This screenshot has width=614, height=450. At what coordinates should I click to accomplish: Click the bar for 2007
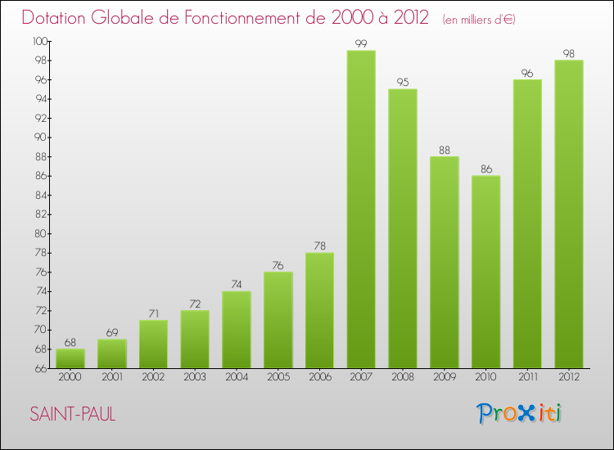(361, 209)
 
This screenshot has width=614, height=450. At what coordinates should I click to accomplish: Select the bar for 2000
(70, 358)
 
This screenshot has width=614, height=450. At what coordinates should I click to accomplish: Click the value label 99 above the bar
(361, 43)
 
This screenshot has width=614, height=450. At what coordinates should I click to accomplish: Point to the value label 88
(445, 149)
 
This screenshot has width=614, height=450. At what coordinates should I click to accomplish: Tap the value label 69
(112, 332)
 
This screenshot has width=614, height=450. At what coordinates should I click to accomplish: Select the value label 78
(319, 245)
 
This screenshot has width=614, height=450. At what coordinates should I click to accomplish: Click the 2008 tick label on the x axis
(403, 378)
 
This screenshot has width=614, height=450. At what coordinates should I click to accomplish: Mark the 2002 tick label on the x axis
(153, 378)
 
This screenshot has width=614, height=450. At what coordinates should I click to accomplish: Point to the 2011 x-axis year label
(527, 378)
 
